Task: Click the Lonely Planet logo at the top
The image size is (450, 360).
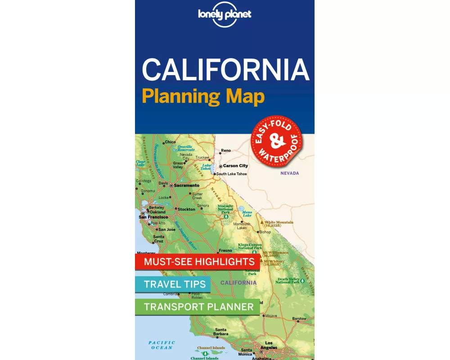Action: (x=225, y=15)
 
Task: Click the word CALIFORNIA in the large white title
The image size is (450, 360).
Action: (x=225, y=70)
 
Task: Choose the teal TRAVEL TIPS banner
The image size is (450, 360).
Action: (x=175, y=284)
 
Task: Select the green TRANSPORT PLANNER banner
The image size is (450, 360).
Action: (x=198, y=307)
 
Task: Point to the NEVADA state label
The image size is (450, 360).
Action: (x=289, y=173)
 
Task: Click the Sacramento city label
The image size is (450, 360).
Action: (x=186, y=185)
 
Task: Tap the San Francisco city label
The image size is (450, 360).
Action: (x=153, y=217)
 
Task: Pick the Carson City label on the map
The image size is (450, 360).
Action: (x=235, y=166)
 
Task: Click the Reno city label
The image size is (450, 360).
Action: (x=225, y=151)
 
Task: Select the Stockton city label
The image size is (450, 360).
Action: (x=186, y=209)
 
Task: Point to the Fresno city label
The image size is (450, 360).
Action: (x=225, y=250)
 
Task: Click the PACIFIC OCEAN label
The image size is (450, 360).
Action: (x=162, y=345)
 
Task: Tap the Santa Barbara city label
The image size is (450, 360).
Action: (x=221, y=332)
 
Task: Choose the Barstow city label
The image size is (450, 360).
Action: (x=299, y=319)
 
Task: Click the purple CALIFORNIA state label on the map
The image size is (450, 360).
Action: (x=238, y=283)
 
